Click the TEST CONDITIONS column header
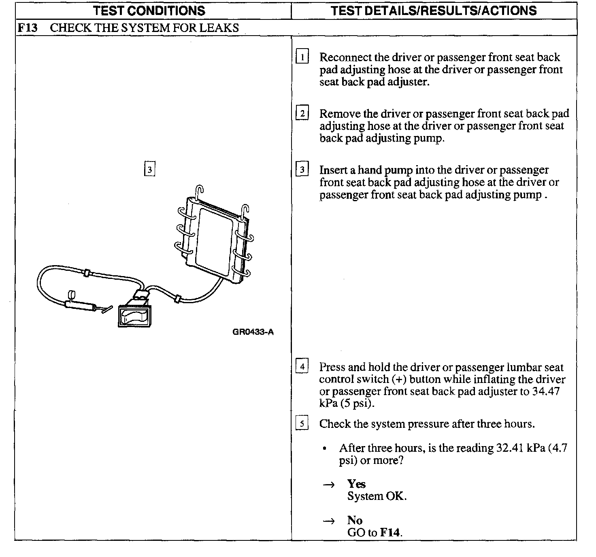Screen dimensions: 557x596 (x=149, y=11)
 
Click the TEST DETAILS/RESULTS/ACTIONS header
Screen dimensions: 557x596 (x=434, y=11)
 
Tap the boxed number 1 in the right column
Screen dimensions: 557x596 (x=302, y=57)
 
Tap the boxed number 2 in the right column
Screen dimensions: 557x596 (x=302, y=113)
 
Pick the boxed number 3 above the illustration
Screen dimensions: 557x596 (x=149, y=169)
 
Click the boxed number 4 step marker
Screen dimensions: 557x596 (x=302, y=367)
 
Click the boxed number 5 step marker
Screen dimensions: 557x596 (x=302, y=423)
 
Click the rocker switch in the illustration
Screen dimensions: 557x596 (x=134, y=316)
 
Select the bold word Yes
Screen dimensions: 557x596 (x=356, y=484)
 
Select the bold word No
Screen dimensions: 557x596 (x=355, y=520)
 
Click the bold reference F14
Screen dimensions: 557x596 (x=390, y=532)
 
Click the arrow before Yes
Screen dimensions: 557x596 (x=329, y=485)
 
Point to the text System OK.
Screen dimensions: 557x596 (x=377, y=496)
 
